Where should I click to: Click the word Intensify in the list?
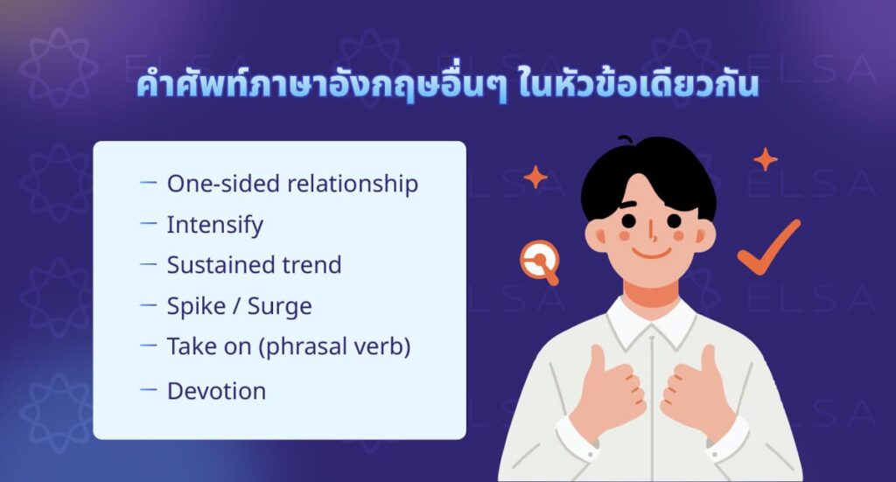click(214, 225)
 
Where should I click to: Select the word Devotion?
click(216, 390)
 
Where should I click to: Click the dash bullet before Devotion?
click(148, 388)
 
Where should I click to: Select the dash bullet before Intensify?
click(148, 223)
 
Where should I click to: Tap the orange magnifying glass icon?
click(539, 261)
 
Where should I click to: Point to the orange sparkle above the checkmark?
click(766, 159)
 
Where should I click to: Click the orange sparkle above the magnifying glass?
click(535, 178)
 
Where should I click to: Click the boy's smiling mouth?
click(649, 255)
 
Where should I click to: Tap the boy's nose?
click(650, 234)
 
